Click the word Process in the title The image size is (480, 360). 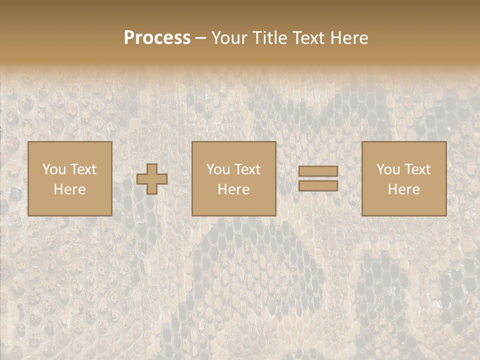point(157,38)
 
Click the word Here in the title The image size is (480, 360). point(349,38)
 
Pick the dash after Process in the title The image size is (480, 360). point(201,38)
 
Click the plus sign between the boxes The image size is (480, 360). point(152,179)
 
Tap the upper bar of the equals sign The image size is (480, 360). point(318,171)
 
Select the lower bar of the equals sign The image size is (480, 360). point(318,186)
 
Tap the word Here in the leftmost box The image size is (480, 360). point(69,189)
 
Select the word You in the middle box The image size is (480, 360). point(217,169)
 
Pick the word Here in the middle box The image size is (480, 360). point(233,189)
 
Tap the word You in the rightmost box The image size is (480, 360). point(387,169)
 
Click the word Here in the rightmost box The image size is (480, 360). point(403,189)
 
